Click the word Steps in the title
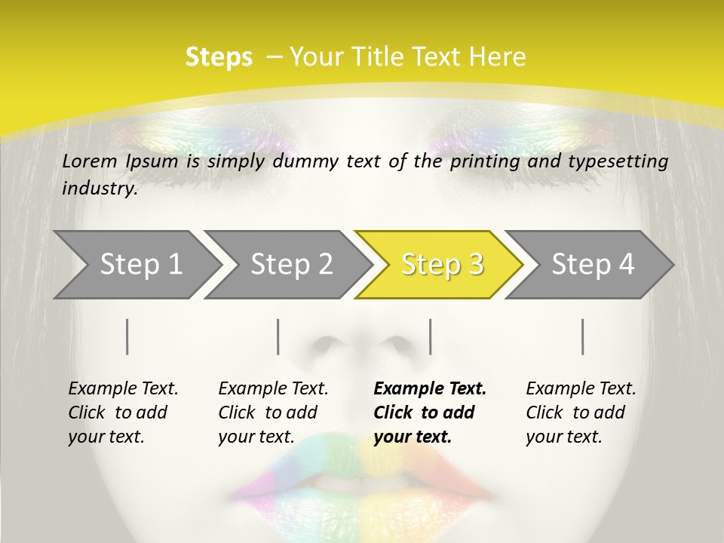coord(219,57)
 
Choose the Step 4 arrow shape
coord(593,265)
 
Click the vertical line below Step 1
coord(127,336)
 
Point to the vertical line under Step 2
coord(278,336)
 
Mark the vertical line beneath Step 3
coord(430,336)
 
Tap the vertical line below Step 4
coord(582,336)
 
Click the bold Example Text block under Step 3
coord(430,413)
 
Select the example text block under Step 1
coord(123,413)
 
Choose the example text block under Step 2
coord(273,413)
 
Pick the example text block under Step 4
coord(581,413)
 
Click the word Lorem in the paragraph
coord(87,161)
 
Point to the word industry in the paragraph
coord(100,189)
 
